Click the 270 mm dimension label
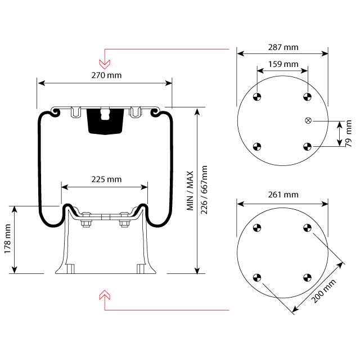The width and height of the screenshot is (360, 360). (x=105, y=74)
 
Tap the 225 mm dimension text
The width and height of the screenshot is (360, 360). (x=106, y=179)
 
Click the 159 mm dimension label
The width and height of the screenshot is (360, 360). (x=282, y=64)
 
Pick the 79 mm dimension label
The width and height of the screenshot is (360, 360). (x=349, y=133)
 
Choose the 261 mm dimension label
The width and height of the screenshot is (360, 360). (x=282, y=195)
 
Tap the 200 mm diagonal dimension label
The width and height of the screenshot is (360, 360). (x=325, y=290)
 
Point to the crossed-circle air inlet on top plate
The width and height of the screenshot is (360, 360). (x=308, y=120)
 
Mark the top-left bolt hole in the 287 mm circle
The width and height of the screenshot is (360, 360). (x=258, y=97)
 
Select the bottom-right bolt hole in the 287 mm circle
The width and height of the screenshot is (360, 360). (x=307, y=147)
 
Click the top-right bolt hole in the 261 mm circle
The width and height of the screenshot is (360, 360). (x=307, y=228)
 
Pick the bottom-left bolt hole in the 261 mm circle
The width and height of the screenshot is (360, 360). (x=258, y=277)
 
